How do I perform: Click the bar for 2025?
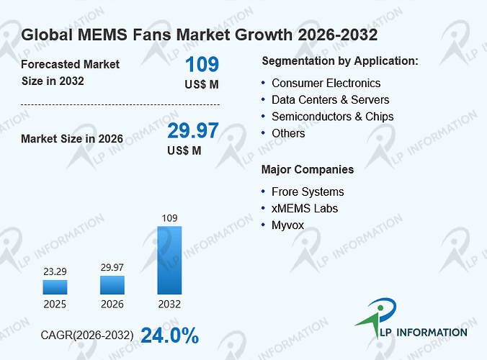click(55, 287)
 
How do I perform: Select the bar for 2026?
click(112, 285)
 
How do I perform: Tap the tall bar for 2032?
click(169, 260)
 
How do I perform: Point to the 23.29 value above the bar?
click(55, 271)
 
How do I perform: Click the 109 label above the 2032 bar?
click(169, 218)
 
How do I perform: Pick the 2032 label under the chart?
click(169, 304)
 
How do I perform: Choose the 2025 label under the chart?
click(55, 304)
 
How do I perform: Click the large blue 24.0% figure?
click(170, 336)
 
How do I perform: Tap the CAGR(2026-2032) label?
click(87, 336)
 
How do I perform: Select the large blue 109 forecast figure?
click(202, 64)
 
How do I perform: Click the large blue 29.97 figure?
click(193, 130)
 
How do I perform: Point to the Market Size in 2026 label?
click(72, 139)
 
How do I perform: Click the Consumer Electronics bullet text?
click(326, 84)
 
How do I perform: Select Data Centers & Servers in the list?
click(331, 100)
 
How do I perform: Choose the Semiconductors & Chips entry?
click(333, 117)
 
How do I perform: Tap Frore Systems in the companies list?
click(308, 192)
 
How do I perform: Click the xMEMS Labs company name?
click(305, 209)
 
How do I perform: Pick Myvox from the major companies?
click(288, 225)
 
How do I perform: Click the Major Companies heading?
click(308, 169)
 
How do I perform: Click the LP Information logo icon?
click(376, 318)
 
